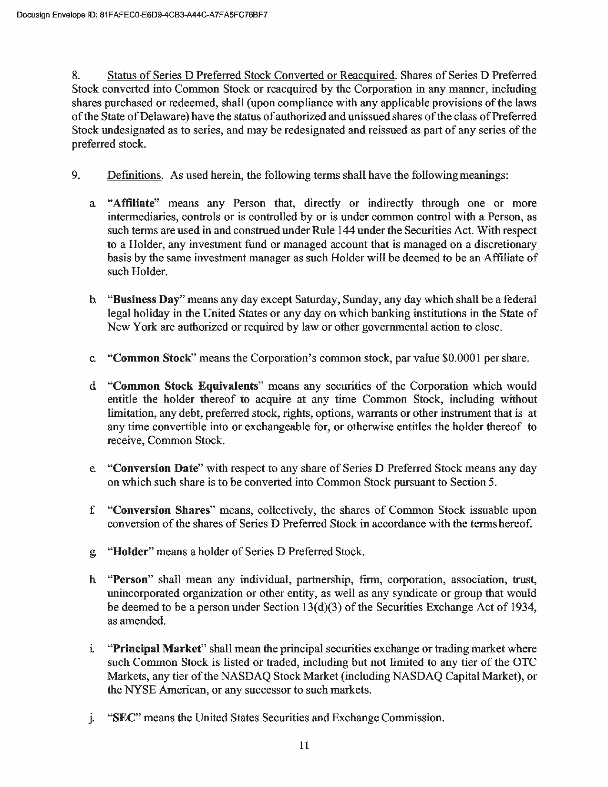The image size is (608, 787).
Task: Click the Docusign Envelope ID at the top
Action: click(141, 15)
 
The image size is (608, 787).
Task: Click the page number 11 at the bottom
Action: click(304, 746)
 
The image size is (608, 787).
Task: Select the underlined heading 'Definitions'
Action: click(134, 176)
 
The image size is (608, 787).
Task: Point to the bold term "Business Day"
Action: click(146, 300)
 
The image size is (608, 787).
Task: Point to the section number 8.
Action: click(75, 75)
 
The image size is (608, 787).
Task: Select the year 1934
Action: click(525, 607)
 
